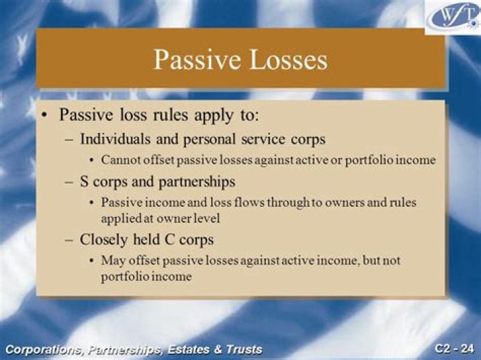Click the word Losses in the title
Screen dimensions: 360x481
tap(286, 60)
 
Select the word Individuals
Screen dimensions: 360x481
tap(114, 140)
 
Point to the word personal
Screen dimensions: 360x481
tap(206, 140)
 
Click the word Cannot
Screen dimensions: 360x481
tap(120, 160)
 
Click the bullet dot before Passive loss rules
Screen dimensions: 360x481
tap(45, 116)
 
